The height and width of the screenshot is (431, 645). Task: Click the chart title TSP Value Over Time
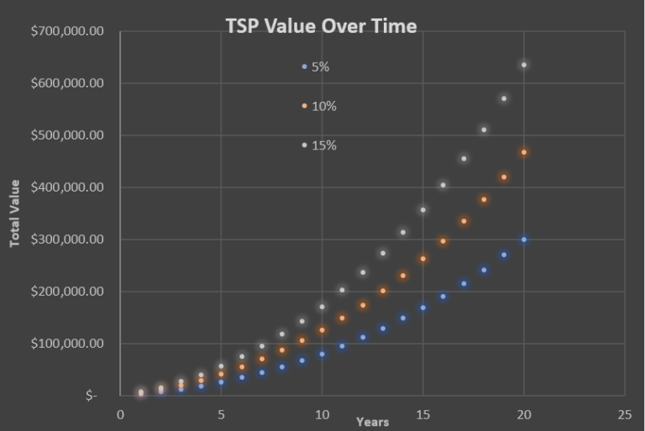[x=321, y=26]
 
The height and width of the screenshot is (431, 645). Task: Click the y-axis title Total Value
[x=14, y=213]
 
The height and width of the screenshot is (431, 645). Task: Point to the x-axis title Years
[x=372, y=422]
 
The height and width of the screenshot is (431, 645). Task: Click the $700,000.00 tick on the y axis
[x=67, y=31]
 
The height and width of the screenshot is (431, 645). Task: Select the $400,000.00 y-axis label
[x=67, y=187]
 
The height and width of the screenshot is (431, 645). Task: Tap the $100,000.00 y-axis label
[x=67, y=344]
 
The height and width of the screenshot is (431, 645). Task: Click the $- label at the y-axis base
[x=92, y=396]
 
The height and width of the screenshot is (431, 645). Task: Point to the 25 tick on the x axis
[x=624, y=414]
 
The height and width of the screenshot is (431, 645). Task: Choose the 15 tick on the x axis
[x=422, y=414]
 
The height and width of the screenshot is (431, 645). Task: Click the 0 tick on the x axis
[x=120, y=414]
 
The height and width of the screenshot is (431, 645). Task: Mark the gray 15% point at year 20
[x=524, y=65]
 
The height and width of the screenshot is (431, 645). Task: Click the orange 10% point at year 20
[x=524, y=152]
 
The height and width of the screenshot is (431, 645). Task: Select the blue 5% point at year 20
[x=524, y=239]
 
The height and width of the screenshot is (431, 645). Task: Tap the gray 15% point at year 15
[x=423, y=210]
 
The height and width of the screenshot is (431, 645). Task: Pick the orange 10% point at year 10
[x=322, y=330]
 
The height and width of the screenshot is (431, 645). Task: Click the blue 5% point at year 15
[x=423, y=307]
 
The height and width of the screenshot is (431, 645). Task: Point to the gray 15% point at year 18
[x=484, y=129]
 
